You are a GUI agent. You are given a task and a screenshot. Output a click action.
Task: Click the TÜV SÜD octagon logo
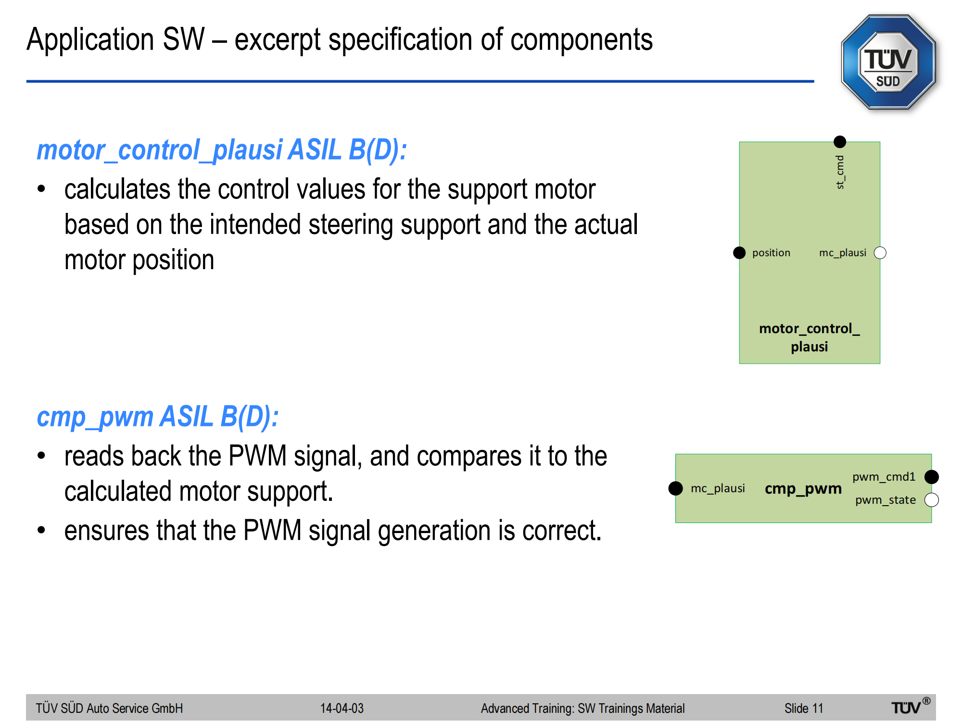(888, 62)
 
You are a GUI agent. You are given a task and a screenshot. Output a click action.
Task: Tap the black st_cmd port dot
(840, 142)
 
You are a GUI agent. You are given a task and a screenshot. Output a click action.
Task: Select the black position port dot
(739, 253)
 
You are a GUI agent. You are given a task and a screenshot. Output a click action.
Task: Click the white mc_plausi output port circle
(880, 253)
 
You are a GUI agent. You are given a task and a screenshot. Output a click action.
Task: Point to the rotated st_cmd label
(840, 172)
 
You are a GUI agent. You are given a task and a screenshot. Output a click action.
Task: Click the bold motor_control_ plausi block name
(810, 337)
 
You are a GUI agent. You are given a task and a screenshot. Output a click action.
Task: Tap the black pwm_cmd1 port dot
(932, 477)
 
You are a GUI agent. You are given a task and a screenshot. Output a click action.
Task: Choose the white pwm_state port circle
(932, 500)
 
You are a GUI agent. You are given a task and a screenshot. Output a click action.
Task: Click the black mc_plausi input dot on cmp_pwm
(676, 488)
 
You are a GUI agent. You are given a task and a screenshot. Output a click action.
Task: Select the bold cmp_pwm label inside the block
(803, 488)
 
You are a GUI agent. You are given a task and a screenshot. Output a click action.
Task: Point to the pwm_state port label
(886, 500)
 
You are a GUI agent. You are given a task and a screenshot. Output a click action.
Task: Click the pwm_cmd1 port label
(884, 477)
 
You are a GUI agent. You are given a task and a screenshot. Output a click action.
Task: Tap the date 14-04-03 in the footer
(342, 709)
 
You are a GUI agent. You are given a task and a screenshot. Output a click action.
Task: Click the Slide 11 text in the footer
(804, 709)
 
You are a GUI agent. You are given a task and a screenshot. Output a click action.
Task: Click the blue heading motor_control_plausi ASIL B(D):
(222, 150)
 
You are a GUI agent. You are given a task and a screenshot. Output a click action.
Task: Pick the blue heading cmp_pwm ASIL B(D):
(158, 417)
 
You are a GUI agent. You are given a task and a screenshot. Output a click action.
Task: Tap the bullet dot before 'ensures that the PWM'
(42, 531)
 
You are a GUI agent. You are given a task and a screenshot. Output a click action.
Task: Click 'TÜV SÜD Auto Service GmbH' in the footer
(109, 709)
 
